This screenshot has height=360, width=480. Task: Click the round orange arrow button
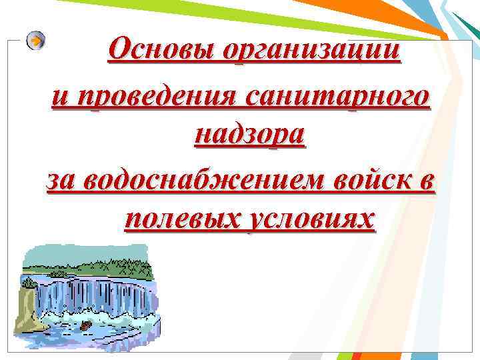(36, 41)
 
